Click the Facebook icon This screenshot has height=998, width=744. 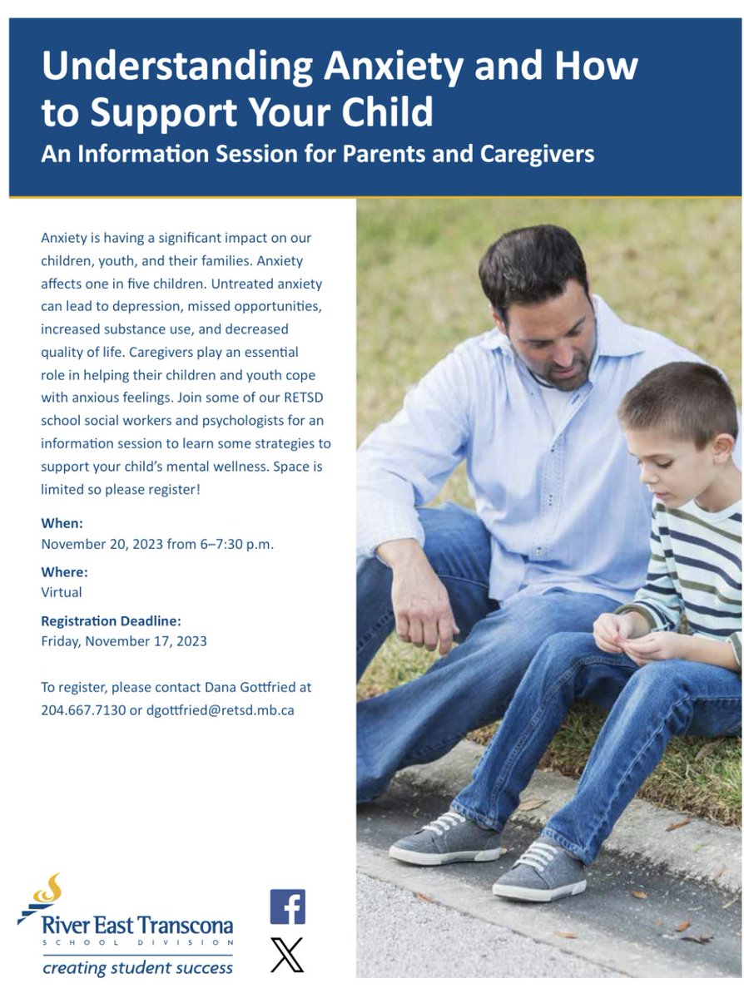pyautogui.click(x=287, y=907)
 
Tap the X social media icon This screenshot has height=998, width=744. pyautogui.click(x=287, y=955)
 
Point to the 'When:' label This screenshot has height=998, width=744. pyautogui.click(x=62, y=523)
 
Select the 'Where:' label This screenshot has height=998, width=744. pyautogui.click(x=64, y=571)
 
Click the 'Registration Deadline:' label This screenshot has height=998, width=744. pyautogui.click(x=111, y=620)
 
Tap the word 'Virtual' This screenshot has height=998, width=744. pyautogui.click(x=62, y=592)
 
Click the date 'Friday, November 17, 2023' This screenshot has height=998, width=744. pyautogui.click(x=124, y=641)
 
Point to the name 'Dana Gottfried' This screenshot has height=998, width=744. pyautogui.click(x=257, y=688)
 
